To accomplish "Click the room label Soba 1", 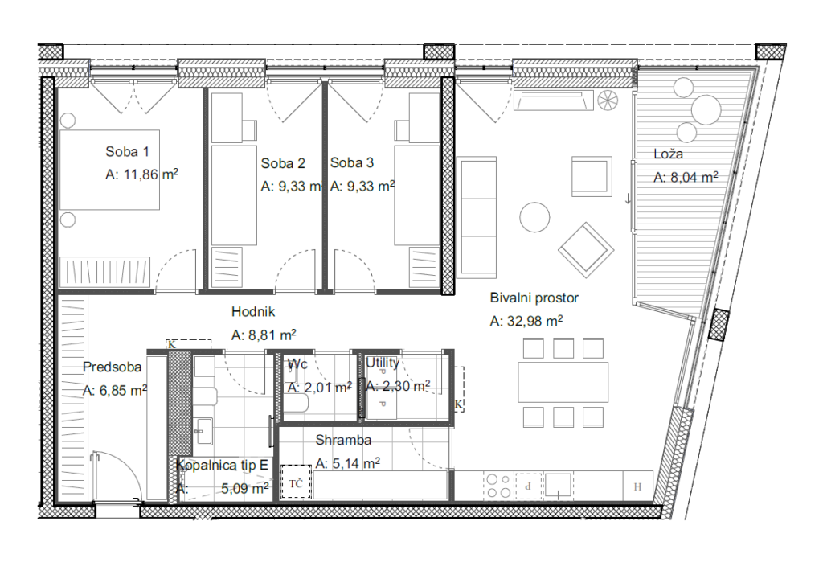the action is tap(127, 152).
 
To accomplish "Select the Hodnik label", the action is tap(253, 312).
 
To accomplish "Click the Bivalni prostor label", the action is tap(534, 298).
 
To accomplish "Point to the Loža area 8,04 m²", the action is tap(694, 178).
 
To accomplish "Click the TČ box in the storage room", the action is tap(296, 482).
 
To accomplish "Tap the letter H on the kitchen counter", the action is tap(637, 486).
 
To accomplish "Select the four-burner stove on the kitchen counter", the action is tap(498, 486).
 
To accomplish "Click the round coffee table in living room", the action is tap(534, 217).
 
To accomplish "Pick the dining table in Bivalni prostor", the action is tap(563, 382).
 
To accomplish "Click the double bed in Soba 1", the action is tap(109, 170).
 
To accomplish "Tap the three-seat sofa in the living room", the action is tap(477, 217).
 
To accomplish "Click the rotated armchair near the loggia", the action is tap(586, 250).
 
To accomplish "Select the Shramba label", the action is tap(343, 440).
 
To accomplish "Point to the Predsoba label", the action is tap(113, 367).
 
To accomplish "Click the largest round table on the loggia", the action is tap(706, 109).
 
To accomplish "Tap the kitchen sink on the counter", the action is tap(558, 485).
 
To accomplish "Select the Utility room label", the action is tap(383, 363).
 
